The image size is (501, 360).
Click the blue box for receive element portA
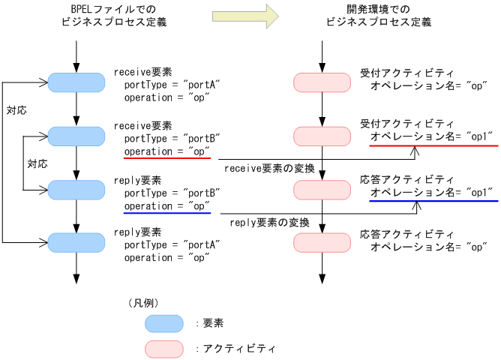click(76, 82)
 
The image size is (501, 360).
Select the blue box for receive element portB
click(76, 136)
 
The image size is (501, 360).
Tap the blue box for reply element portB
click(76, 189)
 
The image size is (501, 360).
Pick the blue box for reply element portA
click(76, 241)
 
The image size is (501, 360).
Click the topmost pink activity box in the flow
click(322, 82)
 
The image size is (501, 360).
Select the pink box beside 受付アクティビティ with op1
click(322, 136)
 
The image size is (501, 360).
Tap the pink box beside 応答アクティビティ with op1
click(322, 189)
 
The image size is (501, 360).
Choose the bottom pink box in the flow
click(322, 241)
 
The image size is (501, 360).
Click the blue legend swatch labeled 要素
click(163, 323)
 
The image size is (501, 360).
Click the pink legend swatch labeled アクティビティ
click(163, 349)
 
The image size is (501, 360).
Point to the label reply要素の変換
click(268, 223)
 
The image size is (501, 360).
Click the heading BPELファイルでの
click(113, 10)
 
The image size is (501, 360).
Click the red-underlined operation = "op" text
click(166, 151)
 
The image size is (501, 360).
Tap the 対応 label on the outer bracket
click(16, 110)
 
